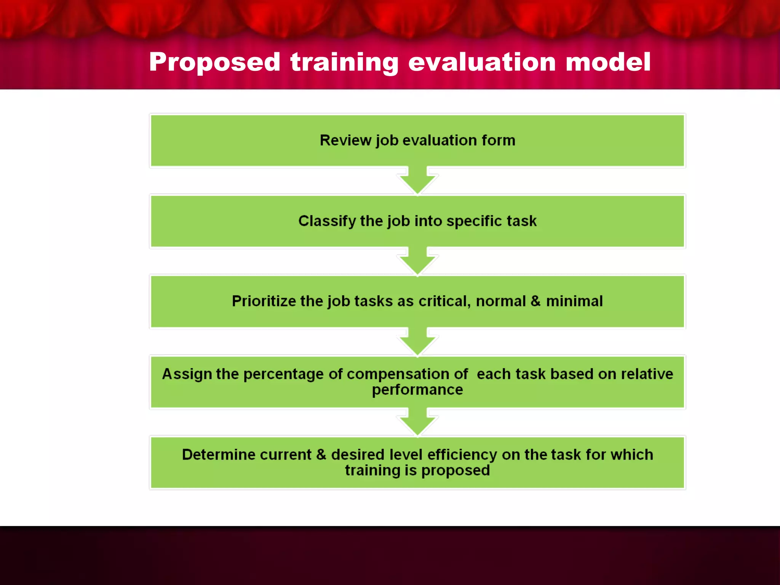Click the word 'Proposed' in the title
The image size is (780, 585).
point(215,62)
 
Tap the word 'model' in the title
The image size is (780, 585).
point(608,62)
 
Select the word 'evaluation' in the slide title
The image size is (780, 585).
point(482,62)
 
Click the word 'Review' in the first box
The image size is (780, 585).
point(345,140)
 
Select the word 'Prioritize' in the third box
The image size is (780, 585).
point(264,301)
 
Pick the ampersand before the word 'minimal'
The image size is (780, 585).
point(535,301)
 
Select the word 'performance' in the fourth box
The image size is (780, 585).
point(417,390)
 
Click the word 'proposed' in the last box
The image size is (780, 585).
point(456,471)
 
